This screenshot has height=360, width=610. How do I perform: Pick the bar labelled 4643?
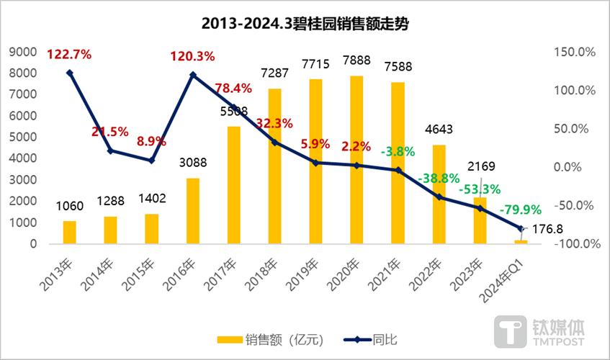(x=438, y=194)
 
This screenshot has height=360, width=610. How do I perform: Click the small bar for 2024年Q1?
(x=521, y=242)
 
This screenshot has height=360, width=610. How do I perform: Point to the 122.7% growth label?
(x=70, y=54)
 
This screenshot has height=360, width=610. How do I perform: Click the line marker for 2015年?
(x=151, y=161)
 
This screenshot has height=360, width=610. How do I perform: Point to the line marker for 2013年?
(x=70, y=73)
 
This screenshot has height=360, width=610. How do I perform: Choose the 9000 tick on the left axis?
(x=26, y=52)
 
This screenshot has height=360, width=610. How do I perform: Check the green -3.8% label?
(x=397, y=153)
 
